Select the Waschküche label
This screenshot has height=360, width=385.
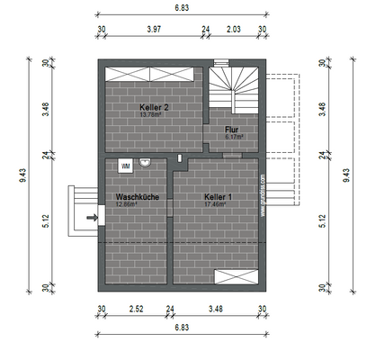pos(137,196)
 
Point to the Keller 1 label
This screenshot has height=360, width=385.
pos(218,196)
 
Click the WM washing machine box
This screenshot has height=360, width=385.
pos(125,166)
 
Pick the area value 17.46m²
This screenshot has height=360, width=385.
pos(216,204)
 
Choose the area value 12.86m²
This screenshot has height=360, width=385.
pos(129,204)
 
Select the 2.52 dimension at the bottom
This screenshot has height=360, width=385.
pos(137,310)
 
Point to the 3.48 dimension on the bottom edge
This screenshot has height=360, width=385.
pos(216,310)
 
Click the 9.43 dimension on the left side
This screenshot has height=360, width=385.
pos(23,176)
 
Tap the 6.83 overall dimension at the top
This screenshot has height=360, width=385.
pos(182,7)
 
